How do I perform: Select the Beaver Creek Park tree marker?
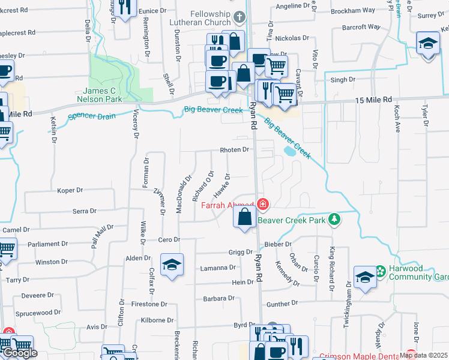[x=334, y=220]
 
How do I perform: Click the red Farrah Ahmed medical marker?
[x=262, y=205]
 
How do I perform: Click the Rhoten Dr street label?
[x=234, y=149]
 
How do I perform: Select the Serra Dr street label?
[x=84, y=211]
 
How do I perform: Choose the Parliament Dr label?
[x=47, y=244]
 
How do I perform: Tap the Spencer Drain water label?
[x=91, y=117]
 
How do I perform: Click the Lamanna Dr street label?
[x=218, y=268]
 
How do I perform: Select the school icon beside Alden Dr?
[x=172, y=265]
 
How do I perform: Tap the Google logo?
[x=19, y=353]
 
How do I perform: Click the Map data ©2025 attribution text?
[x=423, y=355]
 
